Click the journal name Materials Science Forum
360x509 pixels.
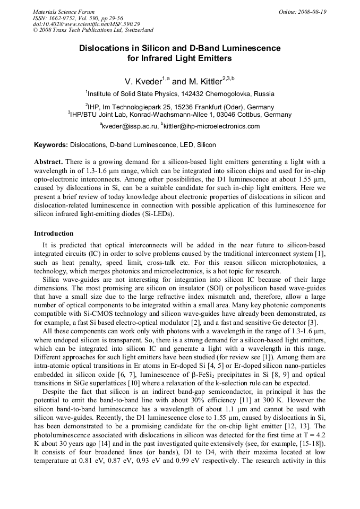pyautogui.click(x=64, y=12)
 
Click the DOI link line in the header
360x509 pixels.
pyautogui.click(x=86, y=24)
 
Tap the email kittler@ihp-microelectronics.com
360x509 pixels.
pyautogui.click(x=206, y=126)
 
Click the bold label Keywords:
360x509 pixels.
pyautogui.click(x=51, y=144)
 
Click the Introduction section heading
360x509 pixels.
pyautogui.click(x=54, y=233)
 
